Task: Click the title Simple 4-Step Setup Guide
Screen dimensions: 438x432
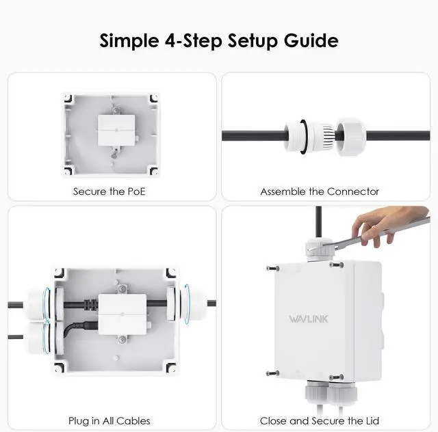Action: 219,40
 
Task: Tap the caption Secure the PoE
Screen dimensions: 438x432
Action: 109,191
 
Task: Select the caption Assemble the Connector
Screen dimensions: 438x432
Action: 320,191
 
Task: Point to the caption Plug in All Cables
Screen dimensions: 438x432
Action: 109,420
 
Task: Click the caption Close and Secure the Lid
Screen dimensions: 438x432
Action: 320,420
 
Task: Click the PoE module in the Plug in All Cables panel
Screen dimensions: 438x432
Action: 124,314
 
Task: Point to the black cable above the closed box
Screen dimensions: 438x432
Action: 318,219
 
